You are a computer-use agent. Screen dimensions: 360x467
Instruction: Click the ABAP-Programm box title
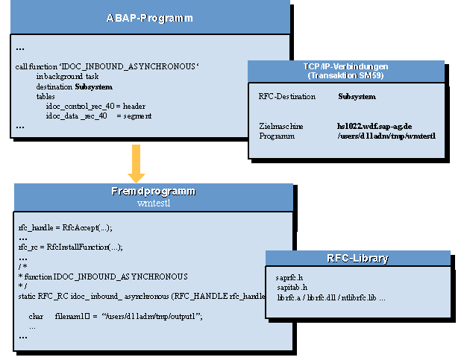pyautogui.click(x=150, y=16)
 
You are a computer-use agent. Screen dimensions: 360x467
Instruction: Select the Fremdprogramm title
pyautogui.click(x=154, y=192)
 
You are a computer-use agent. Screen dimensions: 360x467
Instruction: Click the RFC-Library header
pyautogui.click(x=357, y=259)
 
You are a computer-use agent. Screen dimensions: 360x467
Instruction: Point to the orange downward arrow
pyautogui.click(x=136, y=163)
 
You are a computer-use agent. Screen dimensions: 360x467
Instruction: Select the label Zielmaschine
pyautogui.click(x=281, y=126)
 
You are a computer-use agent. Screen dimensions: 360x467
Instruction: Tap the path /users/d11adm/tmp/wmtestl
pyautogui.click(x=386, y=136)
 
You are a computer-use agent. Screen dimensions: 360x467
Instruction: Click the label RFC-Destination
pyautogui.click(x=287, y=96)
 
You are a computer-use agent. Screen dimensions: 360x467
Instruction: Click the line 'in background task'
pyautogui.click(x=68, y=77)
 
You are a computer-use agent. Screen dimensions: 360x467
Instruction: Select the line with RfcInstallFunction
pyautogui.click(x=70, y=247)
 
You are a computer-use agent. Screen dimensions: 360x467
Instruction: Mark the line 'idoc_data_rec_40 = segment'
pyautogui.click(x=98, y=116)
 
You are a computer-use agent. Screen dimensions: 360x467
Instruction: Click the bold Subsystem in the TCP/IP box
pyautogui.click(x=357, y=96)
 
